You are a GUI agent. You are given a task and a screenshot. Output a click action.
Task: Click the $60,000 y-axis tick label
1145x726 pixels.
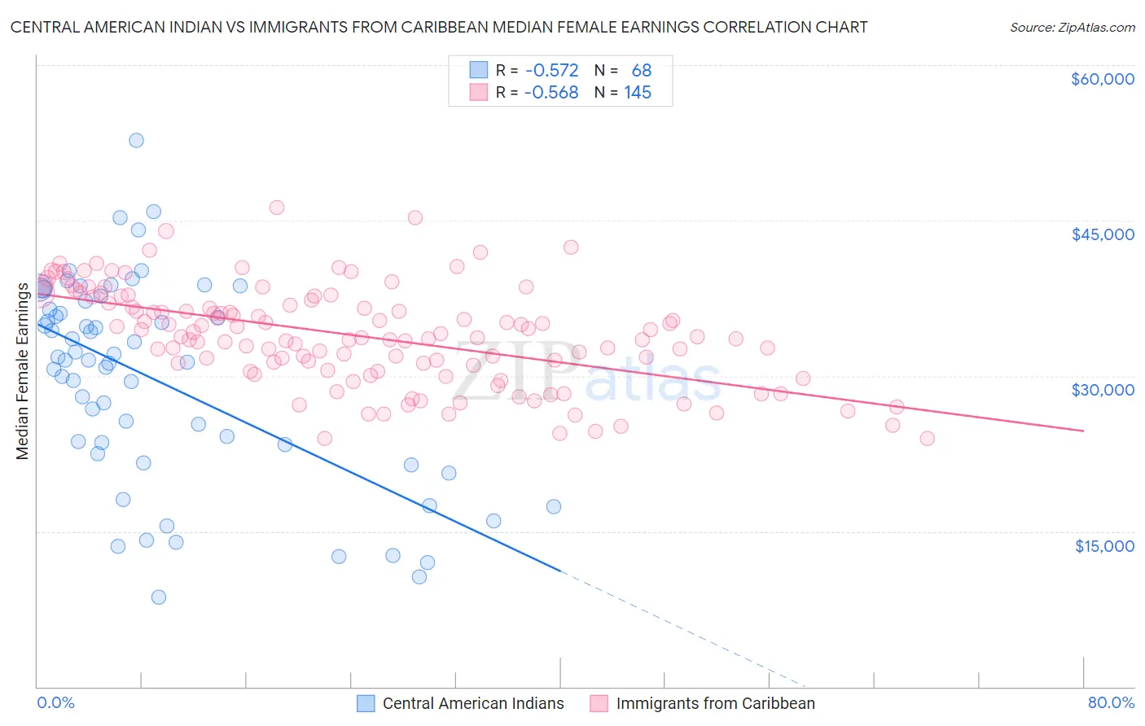1102,79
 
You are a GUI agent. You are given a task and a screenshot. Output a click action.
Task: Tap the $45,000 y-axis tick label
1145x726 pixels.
1102,234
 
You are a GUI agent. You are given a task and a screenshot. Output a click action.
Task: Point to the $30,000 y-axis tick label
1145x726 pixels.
1102,390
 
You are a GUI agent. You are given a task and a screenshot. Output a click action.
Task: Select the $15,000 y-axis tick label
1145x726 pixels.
1103,546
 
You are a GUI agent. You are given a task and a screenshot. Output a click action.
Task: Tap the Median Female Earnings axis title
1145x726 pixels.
23,371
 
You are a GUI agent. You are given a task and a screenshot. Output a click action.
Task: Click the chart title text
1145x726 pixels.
439,27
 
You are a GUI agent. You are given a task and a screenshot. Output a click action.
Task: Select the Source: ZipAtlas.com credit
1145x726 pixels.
1072,28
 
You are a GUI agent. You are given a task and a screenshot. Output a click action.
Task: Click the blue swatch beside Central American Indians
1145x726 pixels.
366,704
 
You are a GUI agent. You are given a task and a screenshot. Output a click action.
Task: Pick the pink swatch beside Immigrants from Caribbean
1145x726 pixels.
599,704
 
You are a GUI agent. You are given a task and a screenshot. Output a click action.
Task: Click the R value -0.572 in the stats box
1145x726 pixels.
551,71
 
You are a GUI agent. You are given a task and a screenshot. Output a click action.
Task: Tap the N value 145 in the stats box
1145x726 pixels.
638,93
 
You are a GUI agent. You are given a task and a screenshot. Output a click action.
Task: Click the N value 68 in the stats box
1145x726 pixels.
641,71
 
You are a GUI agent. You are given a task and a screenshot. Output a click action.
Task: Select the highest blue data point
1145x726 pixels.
136,140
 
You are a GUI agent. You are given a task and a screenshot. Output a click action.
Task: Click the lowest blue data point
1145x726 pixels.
159,597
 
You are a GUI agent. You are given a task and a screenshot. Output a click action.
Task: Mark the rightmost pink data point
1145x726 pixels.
927,439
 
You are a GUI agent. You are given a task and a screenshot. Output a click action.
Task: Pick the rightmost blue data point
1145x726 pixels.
554,506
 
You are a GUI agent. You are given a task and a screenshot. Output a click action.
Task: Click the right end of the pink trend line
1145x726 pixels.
1083,431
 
